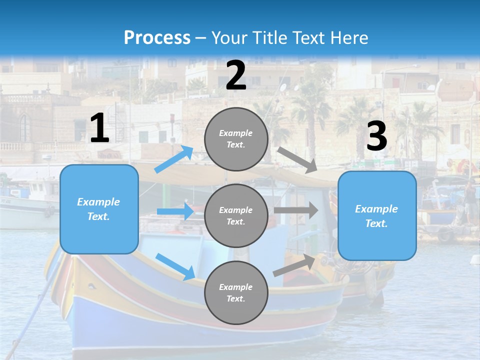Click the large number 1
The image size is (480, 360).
pyautogui.click(x=99, y=129)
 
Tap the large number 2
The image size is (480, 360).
pyautogui.click(x=236, y=75)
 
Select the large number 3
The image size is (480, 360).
pyautogui.click(x=376, y=136)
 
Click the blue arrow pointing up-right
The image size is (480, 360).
pyautogui.click(x=174, y=159)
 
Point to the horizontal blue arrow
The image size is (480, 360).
pyautogui.click(x=175, y=211)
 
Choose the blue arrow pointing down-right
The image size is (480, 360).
pyautogui.click(x=175, y=266)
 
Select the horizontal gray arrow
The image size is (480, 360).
pyautogui.click(x=296, y=210)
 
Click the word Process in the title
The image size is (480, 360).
pyautogui.click(x=157, y=37)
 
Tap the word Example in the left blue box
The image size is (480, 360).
pyautogui.click(x=98, y=202)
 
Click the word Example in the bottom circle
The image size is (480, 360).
pyautogui.click(x=236, y=287)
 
